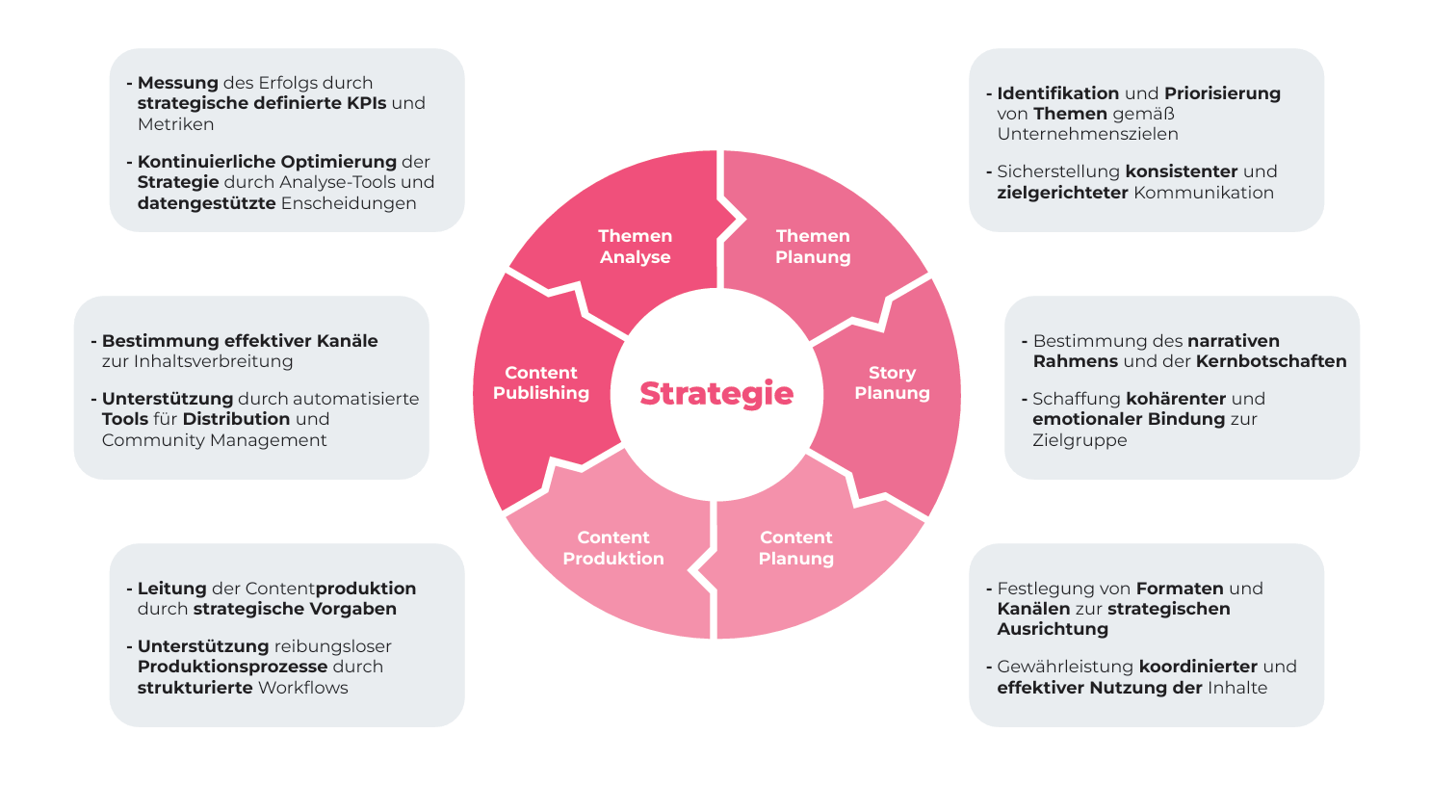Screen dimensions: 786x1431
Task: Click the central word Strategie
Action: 716,393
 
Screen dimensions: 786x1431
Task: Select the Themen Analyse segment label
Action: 635,247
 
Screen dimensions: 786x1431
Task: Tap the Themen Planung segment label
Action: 813,247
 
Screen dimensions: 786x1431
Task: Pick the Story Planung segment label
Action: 892,382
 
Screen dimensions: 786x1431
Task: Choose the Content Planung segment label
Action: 795,548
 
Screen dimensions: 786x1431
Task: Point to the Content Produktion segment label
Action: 613,548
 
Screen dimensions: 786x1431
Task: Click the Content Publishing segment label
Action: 541,382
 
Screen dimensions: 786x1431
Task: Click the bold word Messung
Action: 177,83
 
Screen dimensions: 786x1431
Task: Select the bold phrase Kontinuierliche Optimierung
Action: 267,162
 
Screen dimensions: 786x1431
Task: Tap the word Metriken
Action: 175,124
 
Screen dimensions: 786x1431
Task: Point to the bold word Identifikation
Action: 1057,93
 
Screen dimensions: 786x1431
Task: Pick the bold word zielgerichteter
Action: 1062,193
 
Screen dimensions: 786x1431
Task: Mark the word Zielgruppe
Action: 1080,440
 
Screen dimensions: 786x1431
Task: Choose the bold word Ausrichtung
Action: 1053,629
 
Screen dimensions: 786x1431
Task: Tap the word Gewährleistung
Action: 1065,667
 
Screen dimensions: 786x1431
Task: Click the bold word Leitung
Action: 171,589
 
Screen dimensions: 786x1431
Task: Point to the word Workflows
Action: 302,688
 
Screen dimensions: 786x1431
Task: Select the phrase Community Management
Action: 214,440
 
